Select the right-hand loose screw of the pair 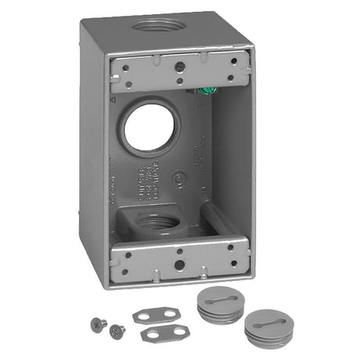pos(117,329)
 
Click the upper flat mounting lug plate pos(151,315)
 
